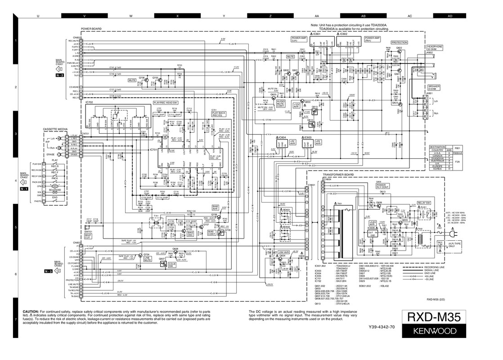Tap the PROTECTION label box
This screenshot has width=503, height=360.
pyautogui.click(x=399, y=42)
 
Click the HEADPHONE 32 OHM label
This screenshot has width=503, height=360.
pyautogui.click(x=435, y=47)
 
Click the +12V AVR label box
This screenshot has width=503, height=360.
pyautogui.click(x=296, y=105)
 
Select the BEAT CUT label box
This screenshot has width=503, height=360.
pyautogui.click(x=88, y=235)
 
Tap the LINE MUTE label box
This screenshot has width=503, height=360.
pyautogui.click(x=147, y=259)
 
